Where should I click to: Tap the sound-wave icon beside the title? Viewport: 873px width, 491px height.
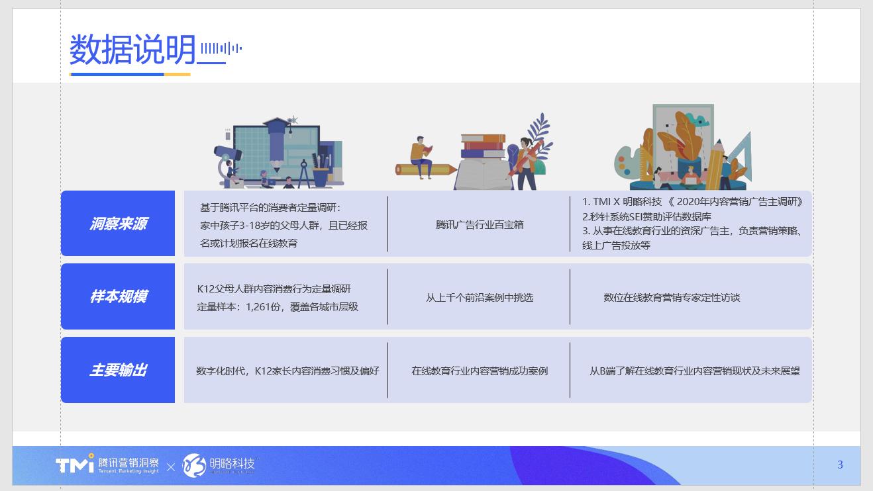tap(221, 48)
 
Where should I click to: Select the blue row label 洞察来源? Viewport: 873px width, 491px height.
tap(118, 224)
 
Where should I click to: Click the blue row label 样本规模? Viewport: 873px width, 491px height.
tap(118, 296)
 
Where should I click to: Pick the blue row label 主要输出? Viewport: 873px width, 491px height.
tap(118, 370)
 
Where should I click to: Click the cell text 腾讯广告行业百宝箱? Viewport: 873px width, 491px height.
tap(480, 224)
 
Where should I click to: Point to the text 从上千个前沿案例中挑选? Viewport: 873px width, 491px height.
tap(480, 297)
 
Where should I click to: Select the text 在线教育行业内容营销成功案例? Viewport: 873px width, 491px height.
tap(480, 371)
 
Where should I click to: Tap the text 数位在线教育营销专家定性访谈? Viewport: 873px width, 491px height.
tap(672, 297)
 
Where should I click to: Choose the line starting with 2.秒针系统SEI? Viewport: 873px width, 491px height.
tap(646, 216)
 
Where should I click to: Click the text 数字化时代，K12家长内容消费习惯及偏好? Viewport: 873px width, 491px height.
tap(287, 371)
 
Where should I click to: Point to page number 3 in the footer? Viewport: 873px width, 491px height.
tap(840, 465)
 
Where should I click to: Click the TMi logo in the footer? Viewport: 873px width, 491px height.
tap(74, 465)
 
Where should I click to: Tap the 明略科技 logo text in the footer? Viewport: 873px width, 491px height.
tap(232, 463)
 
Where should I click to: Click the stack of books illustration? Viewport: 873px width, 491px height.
tap(483, 148)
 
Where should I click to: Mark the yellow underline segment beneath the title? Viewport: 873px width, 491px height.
tap(177, 74)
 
